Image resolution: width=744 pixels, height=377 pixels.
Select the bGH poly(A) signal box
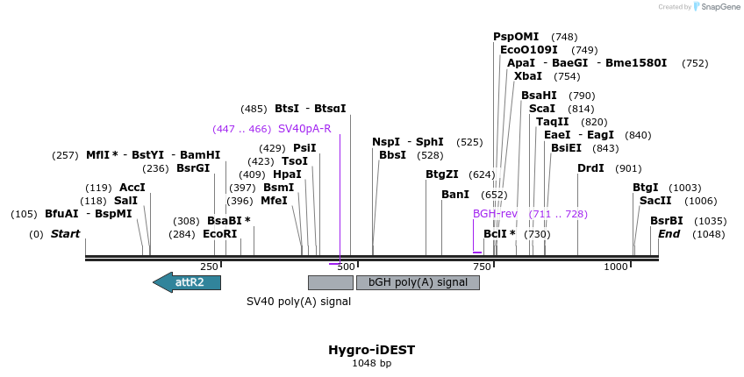[418, 282]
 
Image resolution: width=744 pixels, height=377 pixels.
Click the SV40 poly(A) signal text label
[298, 302]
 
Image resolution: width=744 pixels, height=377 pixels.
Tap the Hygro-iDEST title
[371, 350]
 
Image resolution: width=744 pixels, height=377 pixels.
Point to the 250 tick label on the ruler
[209, 267]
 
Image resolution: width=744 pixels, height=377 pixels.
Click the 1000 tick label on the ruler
[617, 267]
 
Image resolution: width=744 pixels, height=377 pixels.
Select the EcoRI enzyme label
[220, 234]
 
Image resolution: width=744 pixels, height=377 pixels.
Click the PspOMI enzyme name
[516, 37]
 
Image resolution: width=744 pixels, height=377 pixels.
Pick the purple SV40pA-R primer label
[304, 129]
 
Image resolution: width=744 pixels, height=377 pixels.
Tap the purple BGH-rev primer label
[496, 214]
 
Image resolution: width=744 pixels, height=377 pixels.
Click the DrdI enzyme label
[590, 168]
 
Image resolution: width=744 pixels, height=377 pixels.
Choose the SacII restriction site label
[655, 201]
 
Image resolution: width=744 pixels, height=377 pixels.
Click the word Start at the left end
[65, 234]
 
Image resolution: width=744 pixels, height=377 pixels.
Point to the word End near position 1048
[669, 234]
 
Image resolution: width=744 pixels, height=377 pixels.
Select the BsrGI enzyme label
[193, 168]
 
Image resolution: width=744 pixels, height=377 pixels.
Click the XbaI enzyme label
[528, 76]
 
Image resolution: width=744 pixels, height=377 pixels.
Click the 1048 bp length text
[371, 363]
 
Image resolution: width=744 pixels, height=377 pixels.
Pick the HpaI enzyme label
[287, 174]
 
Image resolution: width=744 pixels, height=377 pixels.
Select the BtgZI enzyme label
[442, 174]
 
